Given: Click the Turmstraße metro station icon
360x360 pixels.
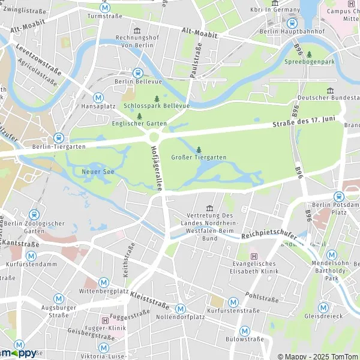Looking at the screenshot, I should point(106,8).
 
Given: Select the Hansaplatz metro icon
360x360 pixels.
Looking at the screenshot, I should point(98,97).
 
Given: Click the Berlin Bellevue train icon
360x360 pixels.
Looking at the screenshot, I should point(137,72).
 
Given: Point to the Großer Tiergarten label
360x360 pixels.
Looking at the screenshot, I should point(199,158).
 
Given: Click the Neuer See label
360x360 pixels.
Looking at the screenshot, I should point(93,172).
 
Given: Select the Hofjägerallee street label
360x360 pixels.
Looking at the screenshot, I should point(157,169).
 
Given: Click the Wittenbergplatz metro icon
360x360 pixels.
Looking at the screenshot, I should point(104,282).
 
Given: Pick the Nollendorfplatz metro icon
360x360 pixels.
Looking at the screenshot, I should point(179,308).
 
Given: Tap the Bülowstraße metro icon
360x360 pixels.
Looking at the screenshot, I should point(245,331).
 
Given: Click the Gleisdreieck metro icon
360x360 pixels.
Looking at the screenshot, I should point(323,307).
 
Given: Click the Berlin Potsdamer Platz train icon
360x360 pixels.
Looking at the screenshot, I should point(339,196).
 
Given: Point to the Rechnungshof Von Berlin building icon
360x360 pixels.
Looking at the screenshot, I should point(137,30).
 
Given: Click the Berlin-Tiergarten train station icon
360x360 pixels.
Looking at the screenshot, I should point(58,137).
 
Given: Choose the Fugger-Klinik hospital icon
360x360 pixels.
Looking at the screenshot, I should point(106,320).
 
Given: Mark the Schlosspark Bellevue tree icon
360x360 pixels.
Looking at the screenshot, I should point(157,98).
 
